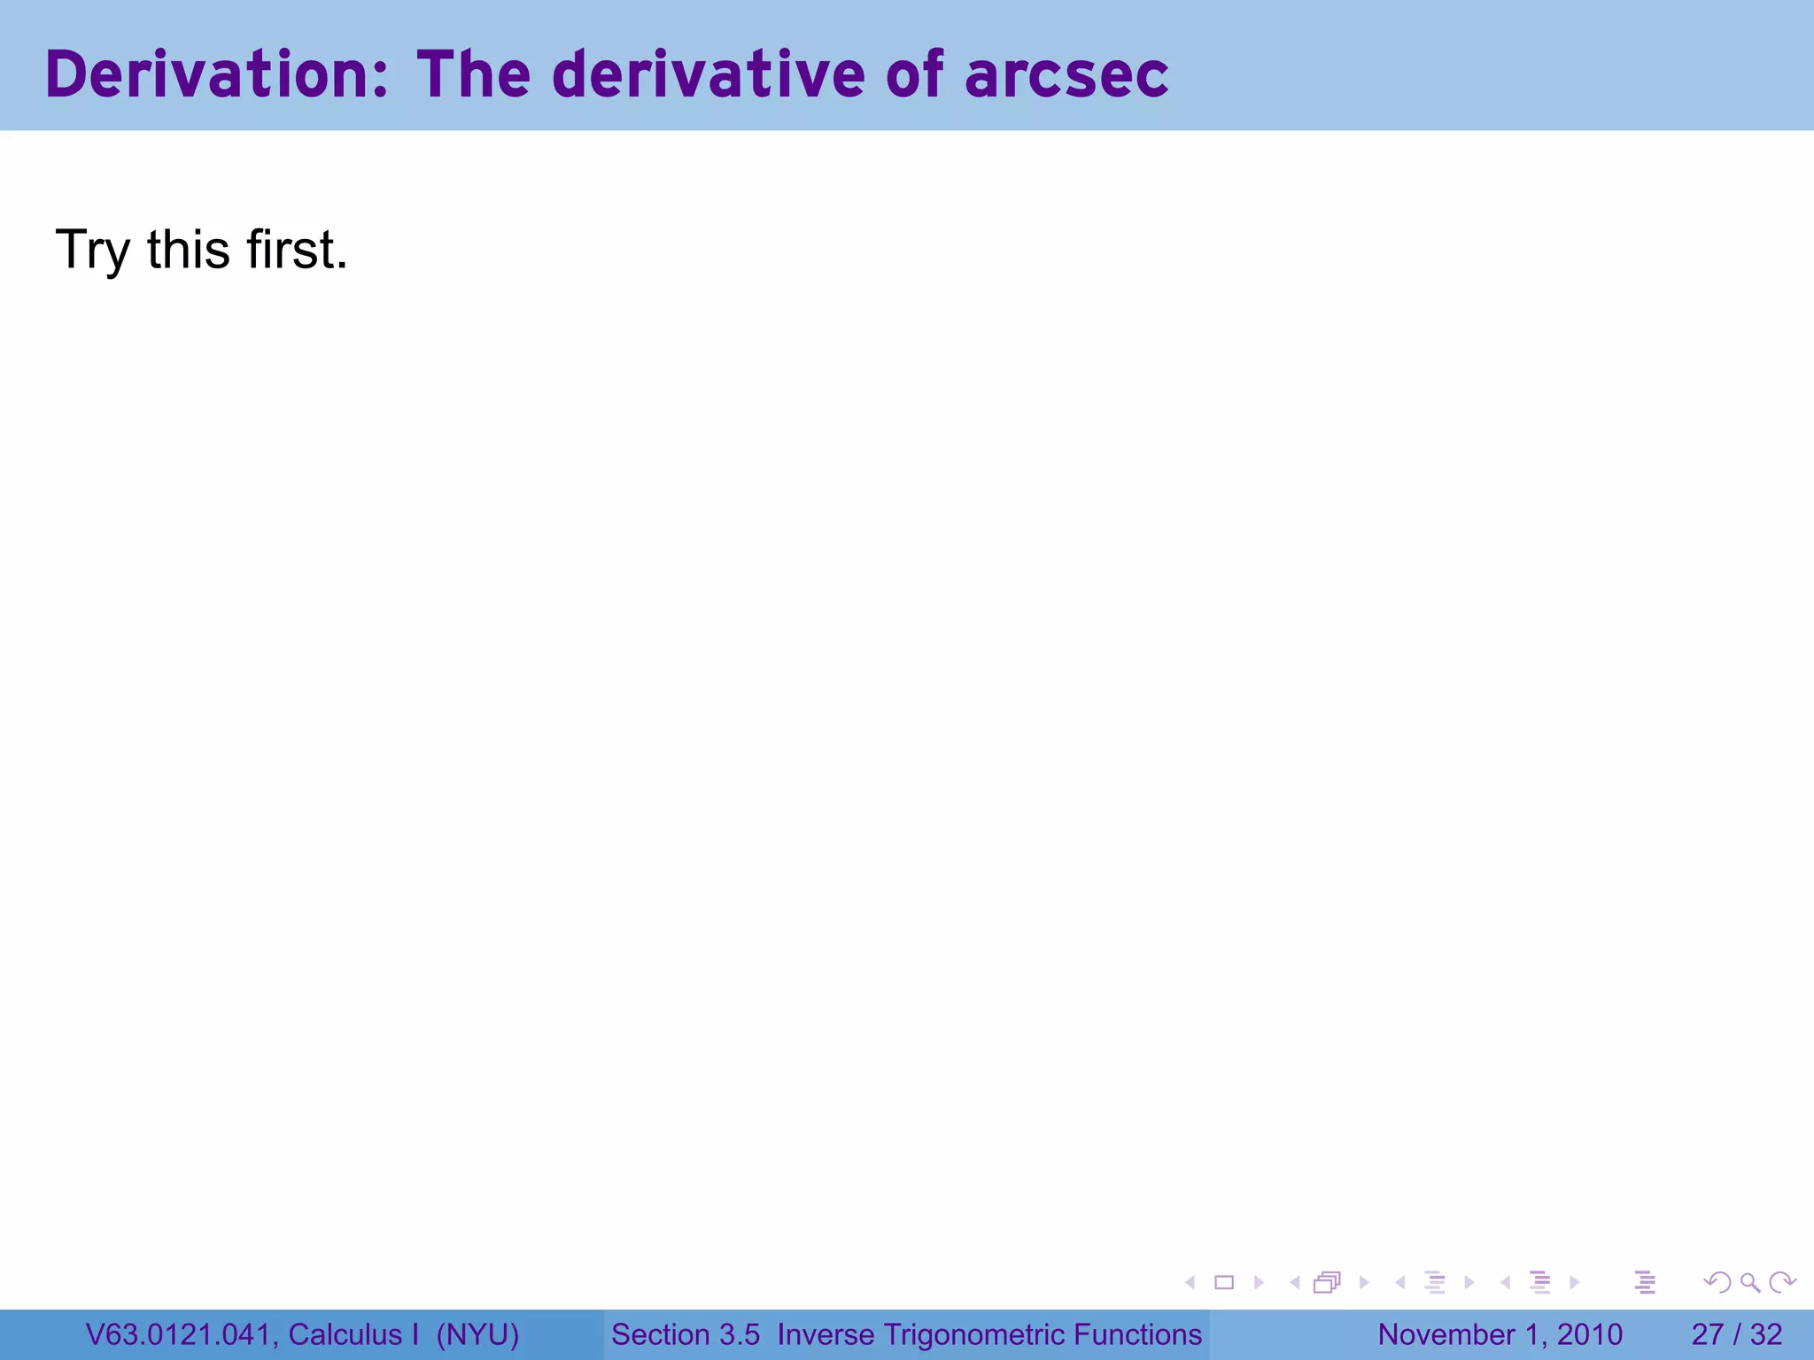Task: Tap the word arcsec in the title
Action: click(1066, 74)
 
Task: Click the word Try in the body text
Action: click(93, 251)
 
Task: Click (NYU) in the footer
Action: click(477, 1334)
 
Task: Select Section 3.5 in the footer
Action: click(686, 1334)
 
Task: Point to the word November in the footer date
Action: click(1446, 1334)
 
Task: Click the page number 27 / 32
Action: click(1736, 1334)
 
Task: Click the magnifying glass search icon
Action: click(1749, 1282)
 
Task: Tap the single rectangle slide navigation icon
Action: click(1224, 1282)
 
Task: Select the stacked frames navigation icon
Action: click(1327, 1282)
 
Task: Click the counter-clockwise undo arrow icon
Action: click(1717, 1282)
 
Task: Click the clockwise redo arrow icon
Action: click(1781, 1282)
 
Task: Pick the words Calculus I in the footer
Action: click(353, 1334)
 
